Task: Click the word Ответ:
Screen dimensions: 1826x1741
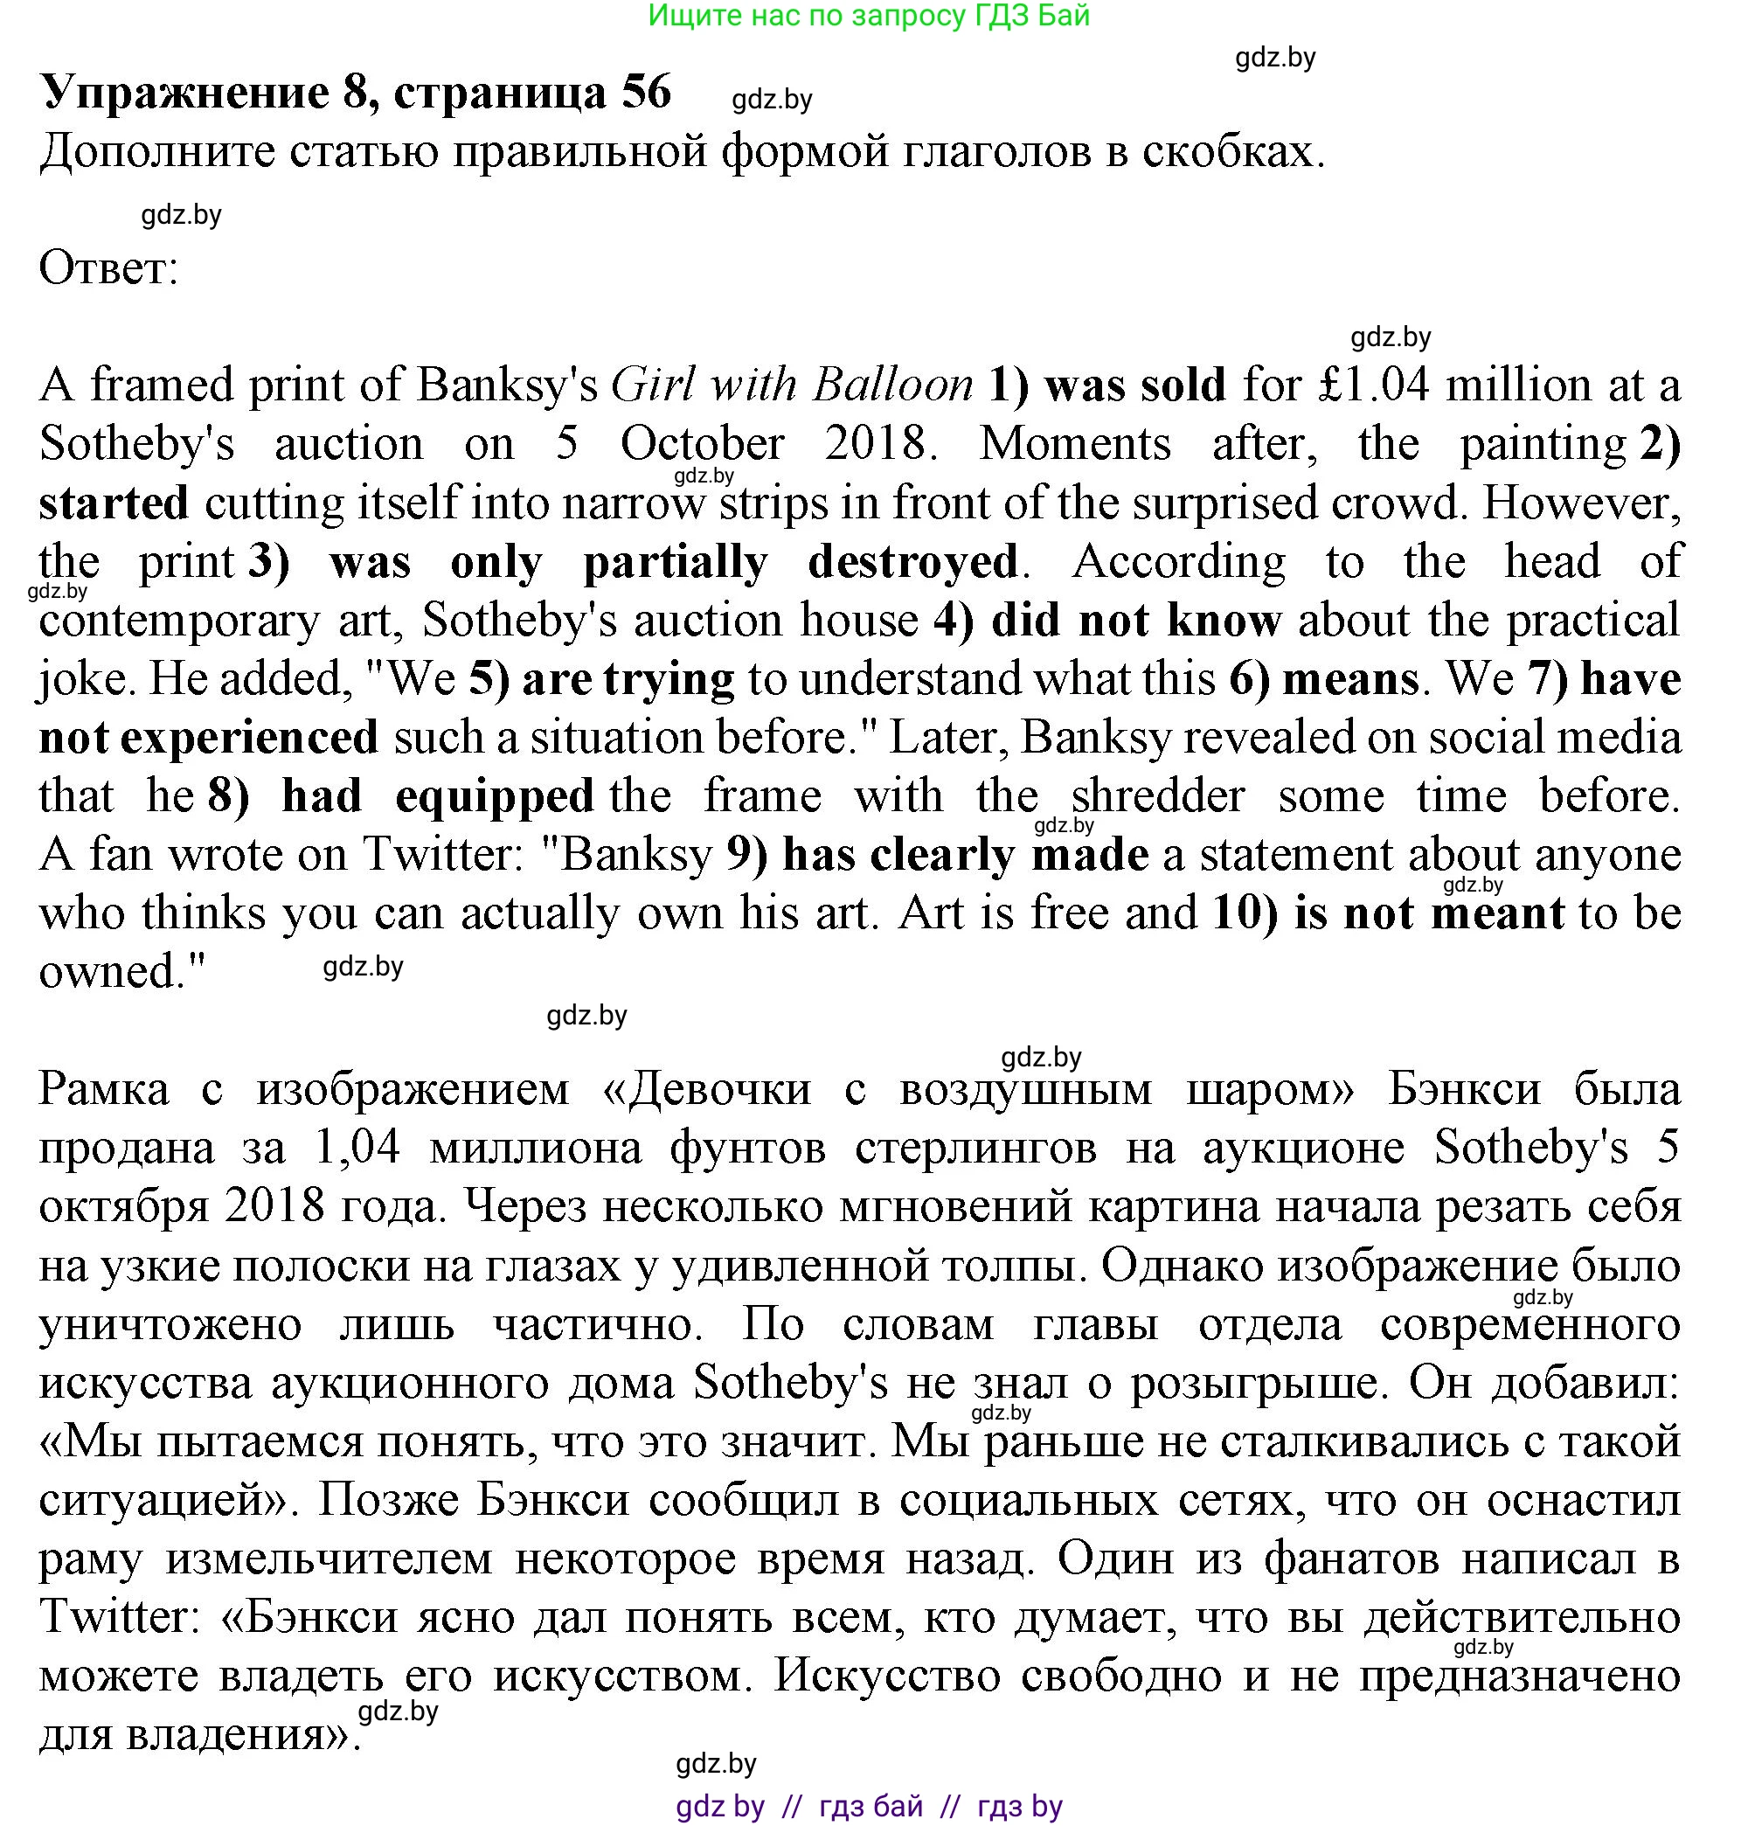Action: [108, 268]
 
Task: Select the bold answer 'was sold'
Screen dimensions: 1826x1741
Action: [1135, 385]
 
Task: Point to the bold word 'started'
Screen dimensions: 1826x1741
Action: [114, 503]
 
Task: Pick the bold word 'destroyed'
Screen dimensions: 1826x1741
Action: [913, 562]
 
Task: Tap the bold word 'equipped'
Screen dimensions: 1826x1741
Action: [495, 796]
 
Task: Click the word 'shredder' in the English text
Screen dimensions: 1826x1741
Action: [1157, 796]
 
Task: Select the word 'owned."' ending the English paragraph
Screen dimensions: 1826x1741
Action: [121, 972]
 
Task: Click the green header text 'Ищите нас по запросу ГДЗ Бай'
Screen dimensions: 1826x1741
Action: [869, 15]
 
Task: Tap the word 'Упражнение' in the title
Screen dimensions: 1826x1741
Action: [184, 92]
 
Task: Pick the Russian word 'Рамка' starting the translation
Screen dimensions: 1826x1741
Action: [104, 1089]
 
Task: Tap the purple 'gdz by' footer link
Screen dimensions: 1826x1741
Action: [720, 1806]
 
